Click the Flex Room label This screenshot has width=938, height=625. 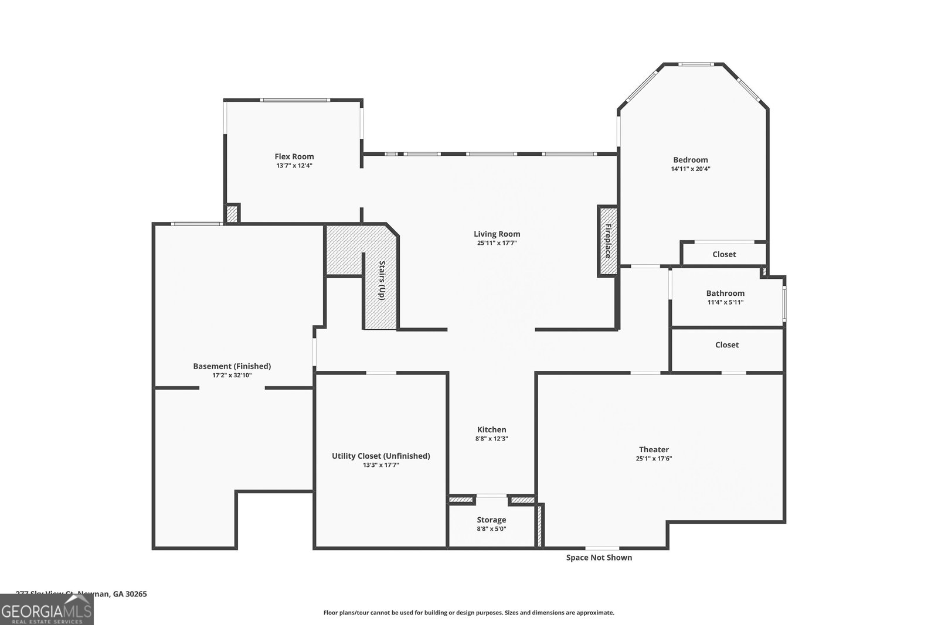click(294, 156)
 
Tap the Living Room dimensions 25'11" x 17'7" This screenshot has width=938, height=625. click(497, 243)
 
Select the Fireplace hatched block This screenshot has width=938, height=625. click(607, 241)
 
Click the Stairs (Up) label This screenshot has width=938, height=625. click(382, 281)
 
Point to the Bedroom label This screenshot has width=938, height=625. click(690, 160)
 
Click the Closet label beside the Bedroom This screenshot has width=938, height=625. click(724, 254)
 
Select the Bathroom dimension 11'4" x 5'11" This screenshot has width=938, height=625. click(725, 302)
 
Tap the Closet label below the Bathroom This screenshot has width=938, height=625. click(726, 345)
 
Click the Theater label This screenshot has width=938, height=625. click(654, 450)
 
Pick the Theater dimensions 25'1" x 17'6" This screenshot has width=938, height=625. click(654, 459)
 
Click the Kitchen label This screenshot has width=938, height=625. click(491, 430)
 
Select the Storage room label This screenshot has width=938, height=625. click(491, 520)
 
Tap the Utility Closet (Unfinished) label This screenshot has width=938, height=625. click(380, 456)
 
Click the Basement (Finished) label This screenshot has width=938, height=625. click(232, 366)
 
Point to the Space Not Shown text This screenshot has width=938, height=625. click(599, 558)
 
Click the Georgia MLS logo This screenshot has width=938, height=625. click(46, 610)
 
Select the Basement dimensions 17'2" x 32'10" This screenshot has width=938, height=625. click(232, 375)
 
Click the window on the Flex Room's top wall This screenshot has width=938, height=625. click(295, 100)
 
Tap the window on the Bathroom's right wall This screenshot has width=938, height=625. click(784, 303)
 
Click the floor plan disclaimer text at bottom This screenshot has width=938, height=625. click(468, 613)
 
